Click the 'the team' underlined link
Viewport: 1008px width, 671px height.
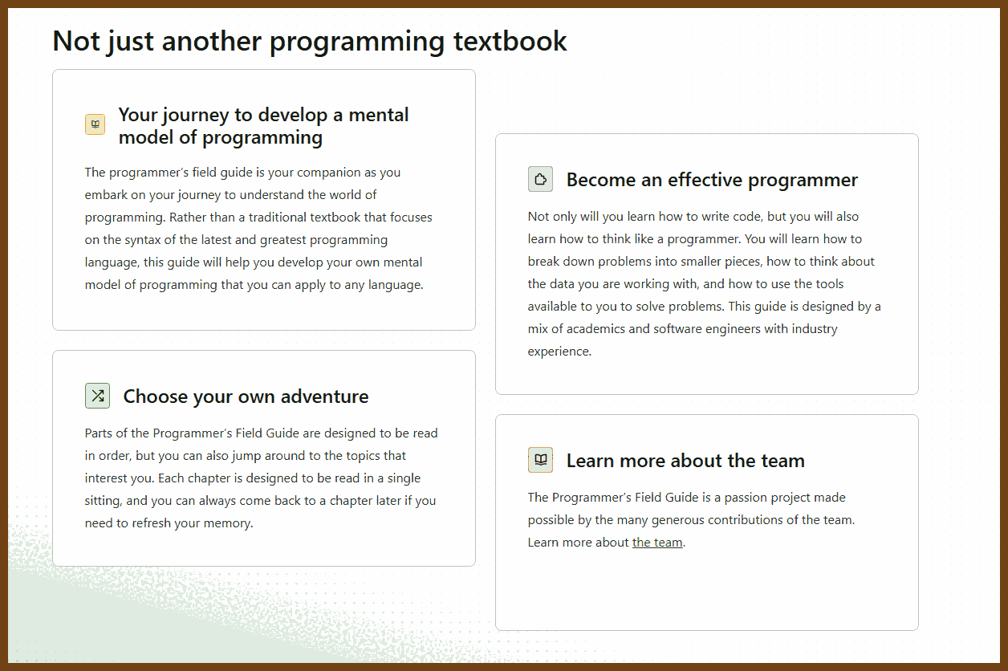coord(657,543)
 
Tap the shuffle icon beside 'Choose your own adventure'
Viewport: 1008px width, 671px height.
coord(98,396)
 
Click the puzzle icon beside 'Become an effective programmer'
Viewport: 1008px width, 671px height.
coord(540,179)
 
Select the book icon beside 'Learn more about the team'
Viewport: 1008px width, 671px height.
coord(540,459)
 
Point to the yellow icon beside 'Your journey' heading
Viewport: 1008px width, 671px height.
coord(95,124)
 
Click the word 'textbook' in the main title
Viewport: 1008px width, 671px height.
coord(510,42)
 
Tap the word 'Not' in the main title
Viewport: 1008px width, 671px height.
coord(76,42)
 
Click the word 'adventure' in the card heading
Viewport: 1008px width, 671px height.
coord(324,396)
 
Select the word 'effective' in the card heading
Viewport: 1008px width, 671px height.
coord(705,180)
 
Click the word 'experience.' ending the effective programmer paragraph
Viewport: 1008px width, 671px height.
coord(559,352)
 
